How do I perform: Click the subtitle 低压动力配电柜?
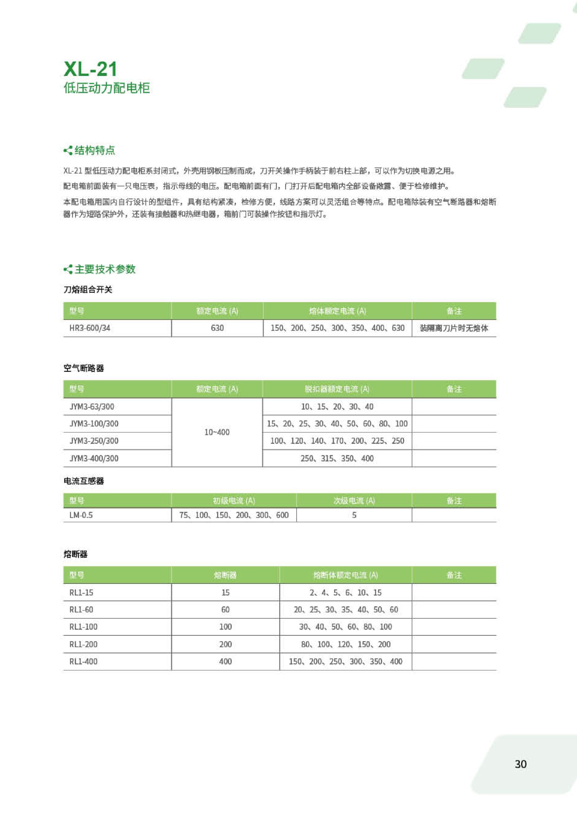(x=107, y=88)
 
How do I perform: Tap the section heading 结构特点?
(x=94, y=150)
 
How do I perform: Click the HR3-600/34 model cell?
(x=90, y=328)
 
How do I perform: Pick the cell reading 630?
(x=217, y=328)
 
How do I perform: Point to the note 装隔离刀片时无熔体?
(x=454, y=328)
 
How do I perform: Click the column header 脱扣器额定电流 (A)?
(x=337, y=389)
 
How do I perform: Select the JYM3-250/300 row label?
(x=94, y=441)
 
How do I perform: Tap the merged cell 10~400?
(x=217, y=432)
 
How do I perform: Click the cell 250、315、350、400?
(x=337, y=458)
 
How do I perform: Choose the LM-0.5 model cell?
(x=81, y=515)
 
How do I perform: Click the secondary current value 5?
(x=354, y=515)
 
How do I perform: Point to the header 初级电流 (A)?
(x=234, y=501)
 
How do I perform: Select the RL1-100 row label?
(x=83, y=626)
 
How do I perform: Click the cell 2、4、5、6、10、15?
(x=345, y=593)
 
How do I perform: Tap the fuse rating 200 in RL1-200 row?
(x=225, y=644)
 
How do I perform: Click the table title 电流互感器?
(x=84, y=481)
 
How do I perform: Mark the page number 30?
(x=521, y=764)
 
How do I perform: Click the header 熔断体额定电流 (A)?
(x=345, y=575)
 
